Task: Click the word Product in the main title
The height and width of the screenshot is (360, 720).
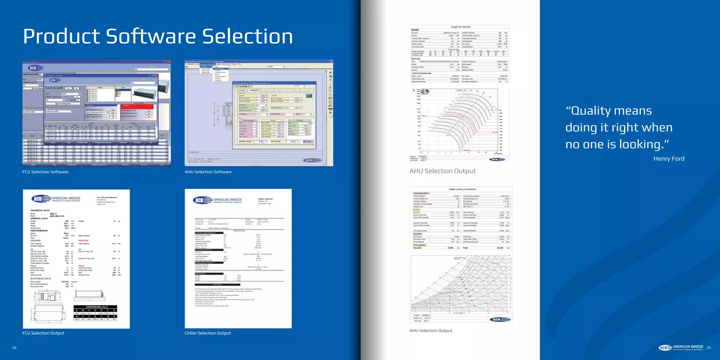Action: coord(62,37)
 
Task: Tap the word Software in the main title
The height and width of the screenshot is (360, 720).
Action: coord(151,37)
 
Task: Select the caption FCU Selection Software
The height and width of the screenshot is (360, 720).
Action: coord(45,172)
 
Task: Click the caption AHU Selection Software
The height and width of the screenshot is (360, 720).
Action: coord(208,172)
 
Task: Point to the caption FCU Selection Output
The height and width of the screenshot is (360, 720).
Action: coord(43,333)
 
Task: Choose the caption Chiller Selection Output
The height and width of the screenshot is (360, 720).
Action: coord(208,333)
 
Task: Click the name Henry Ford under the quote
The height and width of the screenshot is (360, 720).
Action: coord(669,159)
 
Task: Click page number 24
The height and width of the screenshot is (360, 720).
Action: coord(14,348)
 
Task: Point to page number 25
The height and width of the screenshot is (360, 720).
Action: coord(709,348)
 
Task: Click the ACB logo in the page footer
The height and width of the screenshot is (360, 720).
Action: coord(665,348)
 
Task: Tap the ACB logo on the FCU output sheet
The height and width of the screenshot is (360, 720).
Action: coord(37,199)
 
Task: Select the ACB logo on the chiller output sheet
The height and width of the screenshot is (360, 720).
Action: coord(199,200)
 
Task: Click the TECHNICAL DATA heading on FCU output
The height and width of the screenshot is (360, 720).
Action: coord(40,211)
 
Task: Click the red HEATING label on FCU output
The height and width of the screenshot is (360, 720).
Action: coord(83,240)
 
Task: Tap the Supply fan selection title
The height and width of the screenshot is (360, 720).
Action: coord(461,27)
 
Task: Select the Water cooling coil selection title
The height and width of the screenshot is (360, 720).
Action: coord(463,189)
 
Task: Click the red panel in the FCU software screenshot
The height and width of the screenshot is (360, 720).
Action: coord(137,107)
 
